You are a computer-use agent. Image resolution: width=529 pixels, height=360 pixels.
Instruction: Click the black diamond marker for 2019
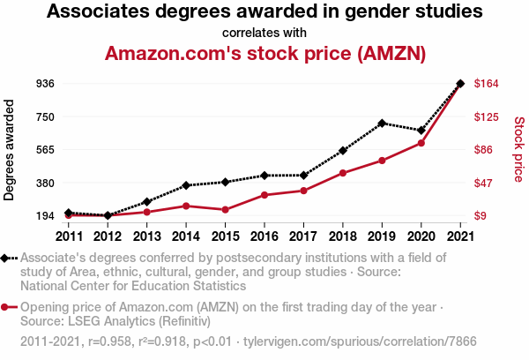click(x=382, y=124)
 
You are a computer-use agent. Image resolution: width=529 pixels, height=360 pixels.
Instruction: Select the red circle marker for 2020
click(x=421, y=143)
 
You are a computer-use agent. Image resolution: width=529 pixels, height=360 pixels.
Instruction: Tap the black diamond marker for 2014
click(x=186, y=185)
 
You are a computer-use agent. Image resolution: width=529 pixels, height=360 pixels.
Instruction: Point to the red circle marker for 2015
click(x=225, y=210)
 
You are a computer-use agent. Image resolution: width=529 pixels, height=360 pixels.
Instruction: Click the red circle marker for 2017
click(x=303, y=191)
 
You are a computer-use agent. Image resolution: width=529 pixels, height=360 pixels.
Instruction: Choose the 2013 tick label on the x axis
click(x=146, y=236)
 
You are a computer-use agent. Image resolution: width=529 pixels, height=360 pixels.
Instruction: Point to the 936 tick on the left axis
click(x=46, y=84)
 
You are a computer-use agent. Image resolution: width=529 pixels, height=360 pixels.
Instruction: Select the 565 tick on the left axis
click(x=46, y=150)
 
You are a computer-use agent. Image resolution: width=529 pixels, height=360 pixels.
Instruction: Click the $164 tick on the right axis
click(x=488, y=84)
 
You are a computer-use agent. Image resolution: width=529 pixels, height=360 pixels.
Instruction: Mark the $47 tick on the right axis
click(x=485, y=183)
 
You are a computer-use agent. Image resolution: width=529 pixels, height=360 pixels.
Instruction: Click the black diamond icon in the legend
click(x=5, y=258)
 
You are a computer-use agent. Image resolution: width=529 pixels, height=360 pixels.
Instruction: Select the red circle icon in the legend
click(x=5, y=307)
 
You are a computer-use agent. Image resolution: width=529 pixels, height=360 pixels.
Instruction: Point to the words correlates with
click(x=264, y=32)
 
